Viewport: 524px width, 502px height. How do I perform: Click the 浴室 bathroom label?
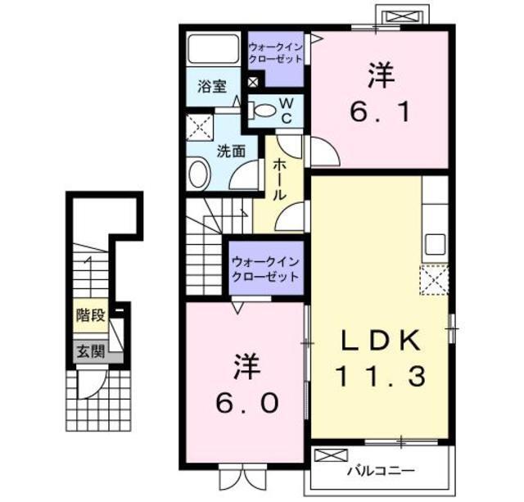click(x=212, y=86)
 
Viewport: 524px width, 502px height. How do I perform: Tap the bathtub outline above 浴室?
click(x=214, y=48)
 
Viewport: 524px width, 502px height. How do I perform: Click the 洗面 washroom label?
click(x=231, y=151)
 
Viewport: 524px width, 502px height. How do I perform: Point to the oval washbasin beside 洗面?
click(x=198, y=174)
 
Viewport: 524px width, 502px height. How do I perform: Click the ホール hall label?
click(x=280, y=179)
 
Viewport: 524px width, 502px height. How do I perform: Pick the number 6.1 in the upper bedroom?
click(x=381, y=112)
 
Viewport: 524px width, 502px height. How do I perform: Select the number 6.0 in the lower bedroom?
click(x=247, y=403)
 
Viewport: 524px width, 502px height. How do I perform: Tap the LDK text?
click(x=381, y=340)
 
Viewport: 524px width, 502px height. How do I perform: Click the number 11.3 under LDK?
click(x=381, y=376)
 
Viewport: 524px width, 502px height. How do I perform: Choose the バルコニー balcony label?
click(x=381, y=471)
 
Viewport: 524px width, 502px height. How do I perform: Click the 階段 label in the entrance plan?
click(x=91, y=315)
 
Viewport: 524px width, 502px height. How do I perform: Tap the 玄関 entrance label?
click(x=91, y=351)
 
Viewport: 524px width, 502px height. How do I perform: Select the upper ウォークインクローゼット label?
click(x=275, y=52)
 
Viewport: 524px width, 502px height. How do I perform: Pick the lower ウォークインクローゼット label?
click(x=265, y=269)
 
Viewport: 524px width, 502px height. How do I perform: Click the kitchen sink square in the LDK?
click(x=435, y=244)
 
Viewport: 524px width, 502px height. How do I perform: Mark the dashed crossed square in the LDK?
click(x=434, y=279)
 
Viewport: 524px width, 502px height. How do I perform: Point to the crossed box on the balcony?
click(x=331, y=455)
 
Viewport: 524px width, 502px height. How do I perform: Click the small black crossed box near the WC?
click(x=253, y=82)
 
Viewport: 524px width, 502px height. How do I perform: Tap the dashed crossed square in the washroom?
click(x=200, y=127)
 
